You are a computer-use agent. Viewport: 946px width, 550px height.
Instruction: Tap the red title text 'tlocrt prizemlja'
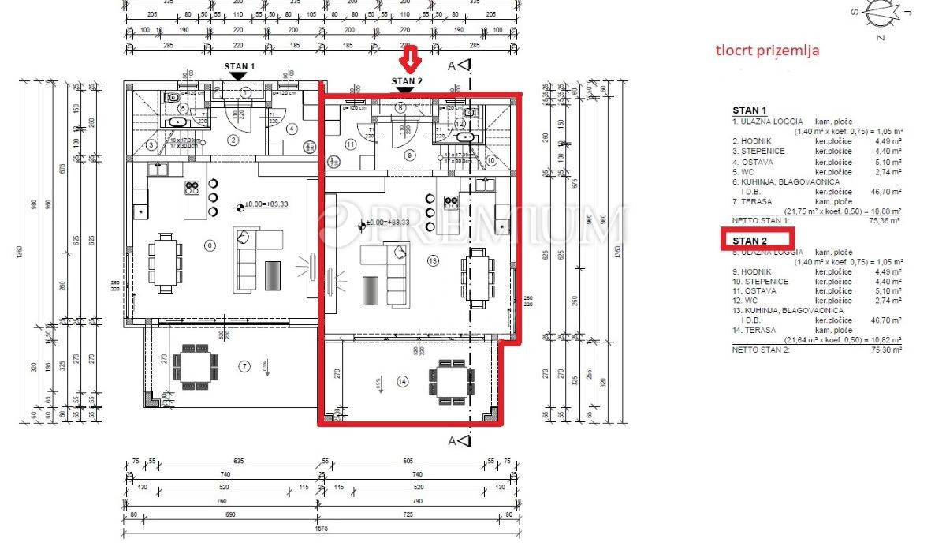pyautogui.click(x=767, y=51)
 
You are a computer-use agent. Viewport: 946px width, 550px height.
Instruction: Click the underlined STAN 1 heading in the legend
pyautogui.click(x=749, y=110)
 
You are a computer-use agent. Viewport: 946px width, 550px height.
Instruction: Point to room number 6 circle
pyautogui.click(x=209, y=245)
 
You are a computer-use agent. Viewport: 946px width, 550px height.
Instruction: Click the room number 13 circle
pyautogui.click(x=432, y=260)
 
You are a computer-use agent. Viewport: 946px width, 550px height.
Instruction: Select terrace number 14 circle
pyautogui.click(x=403, y=382)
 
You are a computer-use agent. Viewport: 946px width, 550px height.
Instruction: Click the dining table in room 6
pyautogui.click(x=166, y=259)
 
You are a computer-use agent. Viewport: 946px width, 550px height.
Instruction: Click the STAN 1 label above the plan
pyautogui.click(x=240, y=66)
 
